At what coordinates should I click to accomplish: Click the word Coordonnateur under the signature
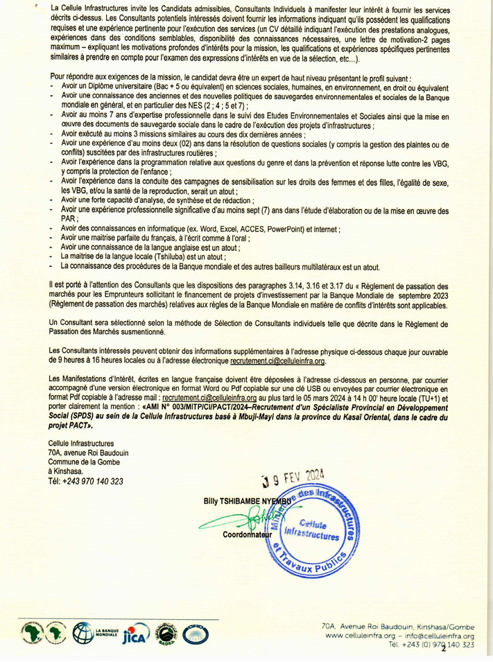[x=250, y=536]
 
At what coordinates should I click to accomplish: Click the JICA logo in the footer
[x=136, y=634]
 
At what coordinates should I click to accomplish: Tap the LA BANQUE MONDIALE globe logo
[x=84, y=632]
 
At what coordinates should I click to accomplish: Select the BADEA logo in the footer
[x=167, y=633]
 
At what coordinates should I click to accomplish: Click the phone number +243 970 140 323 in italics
[x=87, y=481]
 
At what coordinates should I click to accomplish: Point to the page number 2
[x=443, y=648]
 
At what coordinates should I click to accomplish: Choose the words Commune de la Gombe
[x=81, y=462]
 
